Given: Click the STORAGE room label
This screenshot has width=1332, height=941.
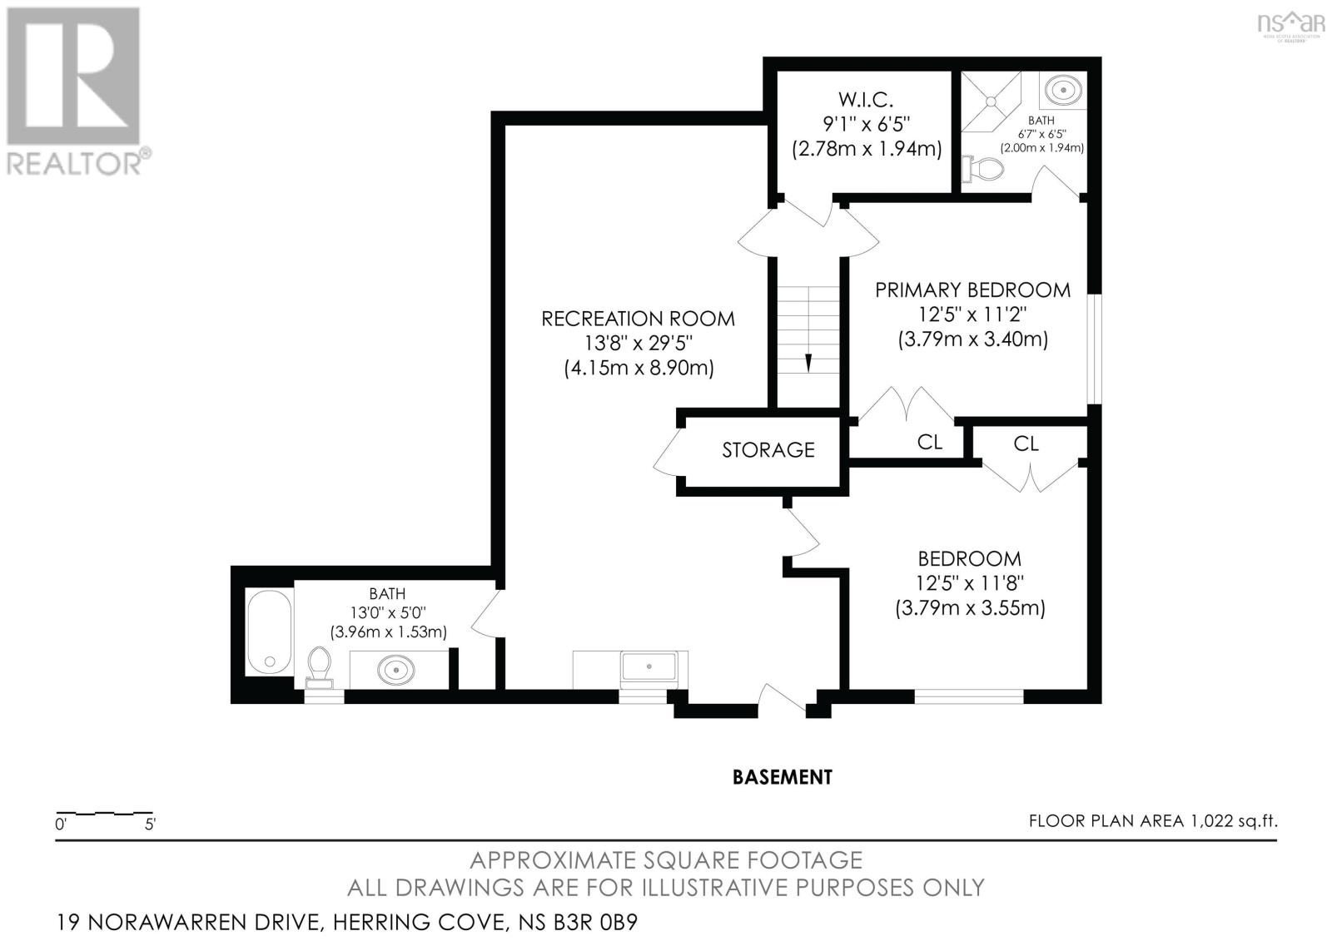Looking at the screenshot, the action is [768, 450].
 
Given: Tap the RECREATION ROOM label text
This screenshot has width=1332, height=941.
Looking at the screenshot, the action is [638, 319].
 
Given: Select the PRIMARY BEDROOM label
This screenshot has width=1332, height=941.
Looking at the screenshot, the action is [972, 290].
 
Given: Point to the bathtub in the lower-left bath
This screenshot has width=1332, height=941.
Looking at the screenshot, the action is [269, 631].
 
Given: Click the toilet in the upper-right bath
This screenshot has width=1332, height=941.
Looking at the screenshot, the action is [983, 168].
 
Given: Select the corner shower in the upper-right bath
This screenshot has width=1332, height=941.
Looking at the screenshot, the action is [992, 101].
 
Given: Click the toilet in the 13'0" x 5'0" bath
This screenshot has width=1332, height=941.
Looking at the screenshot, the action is [320, 667].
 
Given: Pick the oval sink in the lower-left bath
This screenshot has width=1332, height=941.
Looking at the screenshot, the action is [395, 671].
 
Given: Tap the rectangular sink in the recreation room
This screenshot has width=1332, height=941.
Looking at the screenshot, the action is [649, 666].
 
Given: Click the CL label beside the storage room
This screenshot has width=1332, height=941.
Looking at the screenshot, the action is [929, 442].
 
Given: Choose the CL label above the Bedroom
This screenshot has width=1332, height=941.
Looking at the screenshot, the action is [1026, 443].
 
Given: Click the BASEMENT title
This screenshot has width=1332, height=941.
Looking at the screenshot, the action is [782, 777].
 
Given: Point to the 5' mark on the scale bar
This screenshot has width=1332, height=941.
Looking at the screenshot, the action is [150, 825].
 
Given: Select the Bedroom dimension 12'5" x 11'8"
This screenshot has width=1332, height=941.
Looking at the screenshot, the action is [969, 583].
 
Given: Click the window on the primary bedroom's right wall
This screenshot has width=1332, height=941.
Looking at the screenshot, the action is [1094, 349].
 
